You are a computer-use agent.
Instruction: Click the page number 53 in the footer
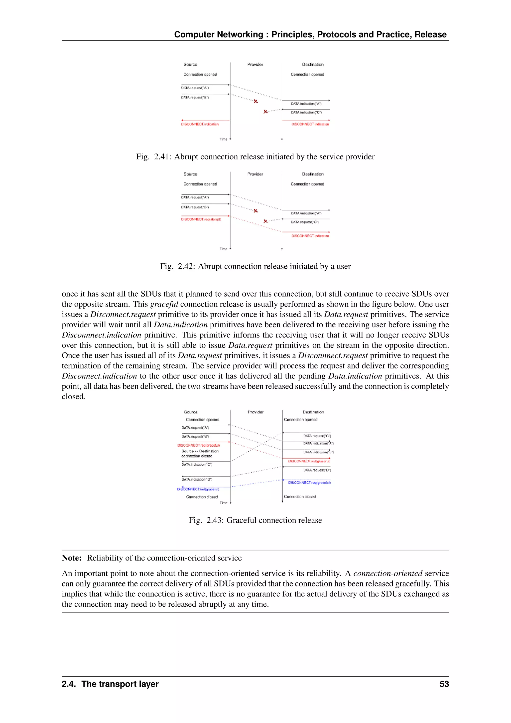(444, 684)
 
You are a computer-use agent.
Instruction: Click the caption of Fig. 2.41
(255, 157)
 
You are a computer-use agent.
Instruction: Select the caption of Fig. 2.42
(255, 266)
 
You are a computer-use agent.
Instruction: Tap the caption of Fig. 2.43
(255, 520)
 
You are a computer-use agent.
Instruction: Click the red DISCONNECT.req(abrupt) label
(201, 219)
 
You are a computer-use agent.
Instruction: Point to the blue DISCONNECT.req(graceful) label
(309, 482)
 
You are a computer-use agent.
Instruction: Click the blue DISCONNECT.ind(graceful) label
(198, 489)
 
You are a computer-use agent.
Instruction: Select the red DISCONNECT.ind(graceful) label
(309, 461)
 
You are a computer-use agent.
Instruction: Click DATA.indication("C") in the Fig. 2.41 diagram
(306, 112)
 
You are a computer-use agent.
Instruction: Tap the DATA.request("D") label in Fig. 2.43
(317, 470)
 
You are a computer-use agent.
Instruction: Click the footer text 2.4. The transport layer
(110, 684)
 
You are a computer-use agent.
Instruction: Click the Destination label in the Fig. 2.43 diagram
(313, 412)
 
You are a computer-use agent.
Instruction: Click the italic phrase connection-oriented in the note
(388, 573)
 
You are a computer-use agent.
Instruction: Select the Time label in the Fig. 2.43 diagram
(223, 503)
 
